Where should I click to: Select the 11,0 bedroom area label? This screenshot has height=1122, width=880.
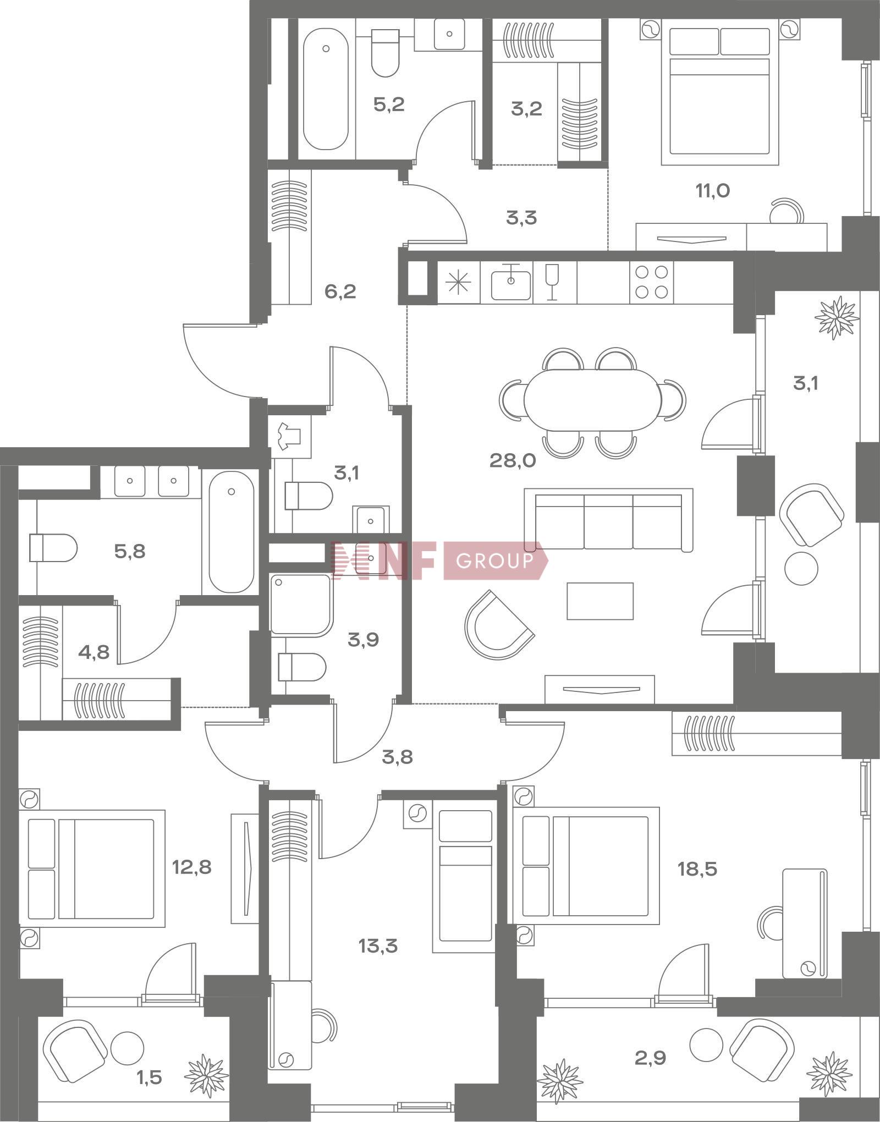(713, 191)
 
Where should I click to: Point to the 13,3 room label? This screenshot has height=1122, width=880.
(378, 947)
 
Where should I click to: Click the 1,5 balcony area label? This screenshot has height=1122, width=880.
(149, 1076)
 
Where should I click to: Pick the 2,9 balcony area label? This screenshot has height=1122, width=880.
(650, 1058)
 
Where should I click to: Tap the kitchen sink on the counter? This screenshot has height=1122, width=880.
(511, 283)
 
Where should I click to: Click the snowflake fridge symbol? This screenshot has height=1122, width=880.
(458, 282)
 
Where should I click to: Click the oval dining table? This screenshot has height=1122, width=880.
(593, 400)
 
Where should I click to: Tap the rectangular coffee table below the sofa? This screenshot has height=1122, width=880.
(600, 601)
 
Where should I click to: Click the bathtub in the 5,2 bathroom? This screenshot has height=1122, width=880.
(326, 89)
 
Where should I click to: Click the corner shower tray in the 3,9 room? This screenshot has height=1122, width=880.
(301, 605)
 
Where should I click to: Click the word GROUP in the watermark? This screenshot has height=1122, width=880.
(494, 560)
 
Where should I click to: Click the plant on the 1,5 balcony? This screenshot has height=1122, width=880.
(206, 1076)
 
